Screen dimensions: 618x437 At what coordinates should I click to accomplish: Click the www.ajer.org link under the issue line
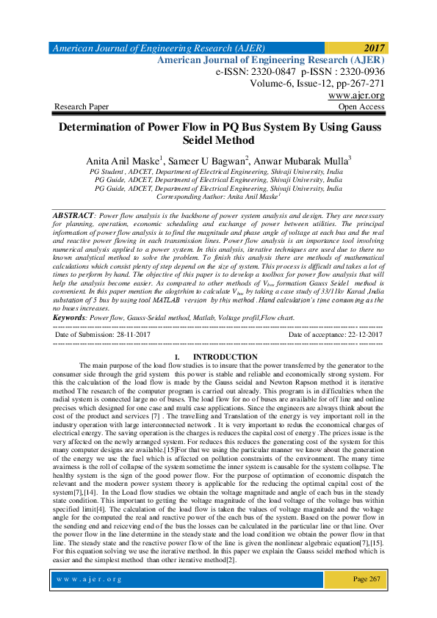click(x=356, y=95)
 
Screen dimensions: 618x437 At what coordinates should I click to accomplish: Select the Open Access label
click(x=361, y=107)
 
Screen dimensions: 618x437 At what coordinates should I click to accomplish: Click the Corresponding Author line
click(x=218, y=197)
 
